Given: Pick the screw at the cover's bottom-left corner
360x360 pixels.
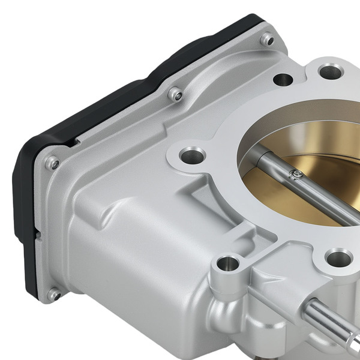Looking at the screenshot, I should pos(55,293).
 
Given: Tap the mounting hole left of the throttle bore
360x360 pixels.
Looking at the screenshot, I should pos(191,155).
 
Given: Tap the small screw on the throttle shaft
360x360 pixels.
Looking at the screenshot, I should pos(295,175).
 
